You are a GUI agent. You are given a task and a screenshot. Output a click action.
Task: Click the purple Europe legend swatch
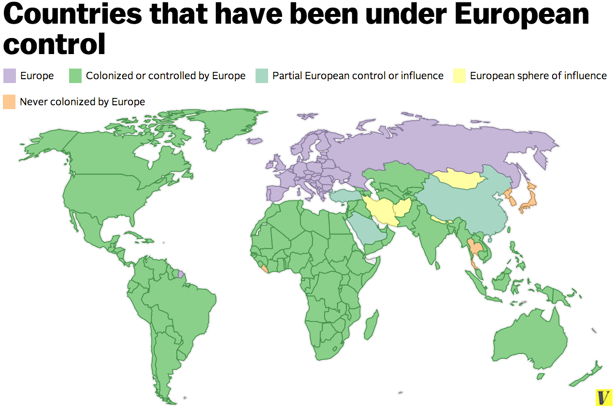click(10, 76)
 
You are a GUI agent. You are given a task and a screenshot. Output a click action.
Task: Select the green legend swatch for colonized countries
click(75, 76)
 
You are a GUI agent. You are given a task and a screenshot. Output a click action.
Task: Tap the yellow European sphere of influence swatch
click(459, 76)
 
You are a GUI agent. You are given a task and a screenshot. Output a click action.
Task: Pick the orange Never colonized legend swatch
click(9, 102)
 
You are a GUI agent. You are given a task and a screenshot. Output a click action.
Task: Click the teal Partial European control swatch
click(262, 76)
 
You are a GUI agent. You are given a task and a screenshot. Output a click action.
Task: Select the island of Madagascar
click(371, 324)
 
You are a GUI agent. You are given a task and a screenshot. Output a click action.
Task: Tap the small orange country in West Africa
click(264, 268)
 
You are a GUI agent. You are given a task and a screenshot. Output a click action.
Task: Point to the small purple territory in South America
click(181, 274)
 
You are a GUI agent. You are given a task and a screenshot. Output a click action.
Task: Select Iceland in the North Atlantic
click(255, 141)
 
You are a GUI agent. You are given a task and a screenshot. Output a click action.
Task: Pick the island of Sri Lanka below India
click(437, 265)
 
